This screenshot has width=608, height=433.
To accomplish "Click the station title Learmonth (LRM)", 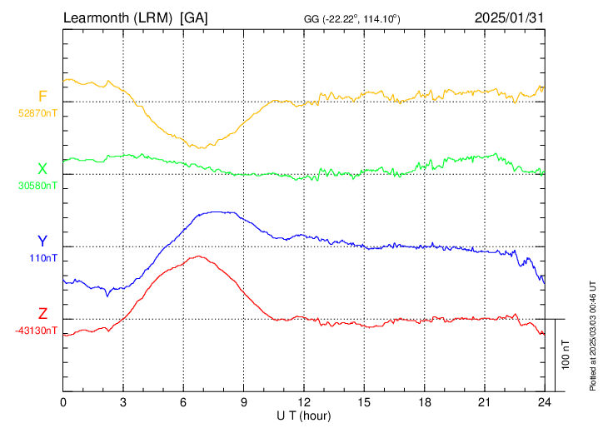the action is pos(117,18).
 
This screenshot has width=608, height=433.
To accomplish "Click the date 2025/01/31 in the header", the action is pos(509,17).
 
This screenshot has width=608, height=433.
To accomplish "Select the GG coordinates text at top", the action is pos(351,19).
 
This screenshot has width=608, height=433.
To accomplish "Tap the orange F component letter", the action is pos(42,96).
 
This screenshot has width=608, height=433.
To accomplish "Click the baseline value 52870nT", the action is pos(37,113).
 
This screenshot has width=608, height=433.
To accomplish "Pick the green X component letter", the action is pos(42,169).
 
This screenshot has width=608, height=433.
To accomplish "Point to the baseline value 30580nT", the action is pos(37,186).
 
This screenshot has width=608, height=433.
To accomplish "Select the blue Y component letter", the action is pos(42,241).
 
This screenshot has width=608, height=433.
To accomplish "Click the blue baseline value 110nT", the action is pos(43,258).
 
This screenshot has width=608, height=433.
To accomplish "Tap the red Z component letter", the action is pos(42,314).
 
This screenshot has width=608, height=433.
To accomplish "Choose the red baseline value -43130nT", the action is pos(36,331).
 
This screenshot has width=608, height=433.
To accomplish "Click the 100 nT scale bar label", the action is pos(566,355).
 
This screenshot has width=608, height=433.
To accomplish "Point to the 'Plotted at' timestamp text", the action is pos(592,336).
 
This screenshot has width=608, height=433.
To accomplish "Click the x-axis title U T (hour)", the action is pos(304,416).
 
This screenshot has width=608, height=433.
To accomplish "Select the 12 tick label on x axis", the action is pos(304,402).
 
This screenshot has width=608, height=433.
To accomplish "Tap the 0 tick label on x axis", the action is pos(63,402).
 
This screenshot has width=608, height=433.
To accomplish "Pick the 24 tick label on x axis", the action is pos(545,402).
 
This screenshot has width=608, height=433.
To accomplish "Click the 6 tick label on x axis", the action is pos(183,402).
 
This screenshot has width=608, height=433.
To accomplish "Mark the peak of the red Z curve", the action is pos(199,256).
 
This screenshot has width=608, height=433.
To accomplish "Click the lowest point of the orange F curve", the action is pos(201,148).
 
